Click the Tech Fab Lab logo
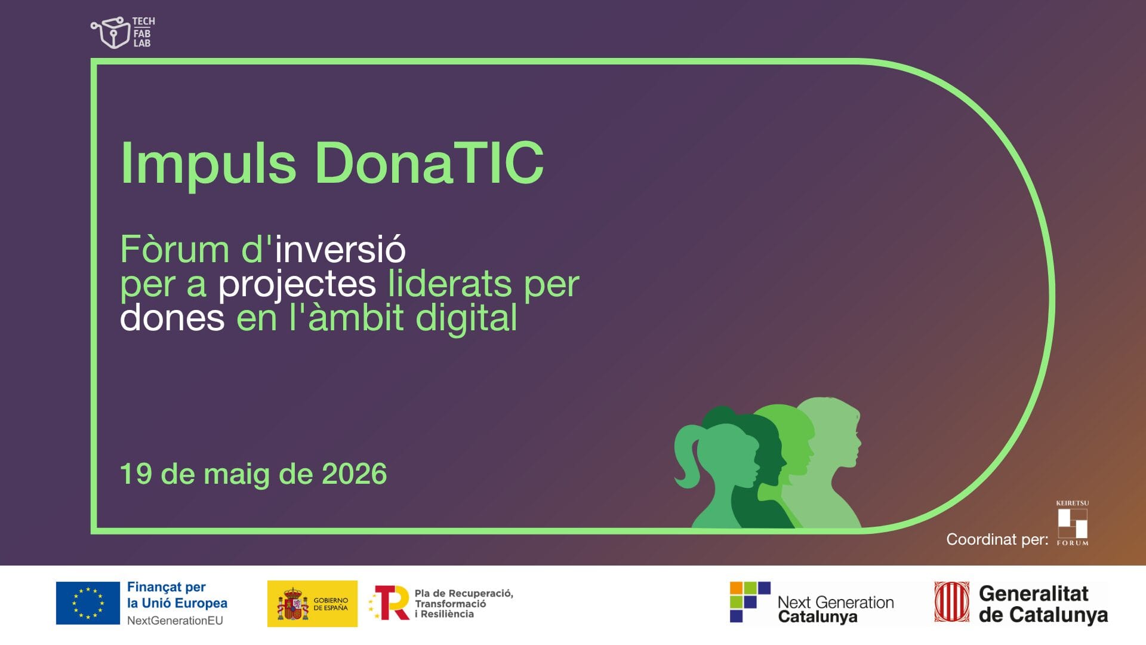tap(123, 32)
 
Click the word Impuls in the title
tap(208, 163)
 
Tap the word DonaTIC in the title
tap(429, 162)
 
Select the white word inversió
tap(340, 249)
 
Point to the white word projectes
tap(297, 284)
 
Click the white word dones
tap(172, 318)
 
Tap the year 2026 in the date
tap(355, 474)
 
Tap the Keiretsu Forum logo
tap(1073, 523)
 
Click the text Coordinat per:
tap(997, 539)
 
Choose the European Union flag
tap(88, 603)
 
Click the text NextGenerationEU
tap(175, 621)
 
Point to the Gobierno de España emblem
tap(292, 604)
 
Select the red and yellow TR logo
tap(390, 603)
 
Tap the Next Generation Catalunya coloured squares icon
tap(750, 602)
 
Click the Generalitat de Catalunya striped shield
tap(952, 602)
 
